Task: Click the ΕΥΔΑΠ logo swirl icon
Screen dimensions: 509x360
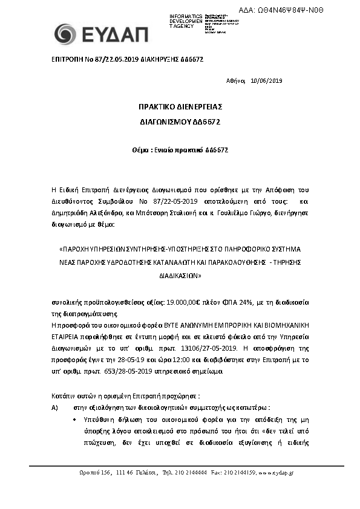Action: point(65,34)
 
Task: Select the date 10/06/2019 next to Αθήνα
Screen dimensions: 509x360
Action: point(266,80)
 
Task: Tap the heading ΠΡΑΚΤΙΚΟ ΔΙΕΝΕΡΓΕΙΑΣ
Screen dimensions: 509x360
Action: point(180,107)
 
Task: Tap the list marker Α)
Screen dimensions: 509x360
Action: point(55,407)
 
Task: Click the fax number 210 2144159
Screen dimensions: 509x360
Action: point(239,472)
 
